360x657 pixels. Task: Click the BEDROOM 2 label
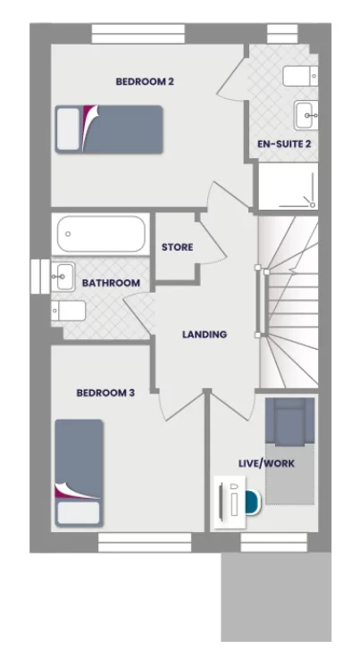pyautogui.click(x=144, y=81)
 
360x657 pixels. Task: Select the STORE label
pyautogui.click(x=177, y=247)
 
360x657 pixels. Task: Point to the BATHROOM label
pyautogui.click(x=111, y=283)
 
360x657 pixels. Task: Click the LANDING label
pyautogui.click(x=205, y=335)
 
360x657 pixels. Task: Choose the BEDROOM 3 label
pyautogui.click(x=105, y=392)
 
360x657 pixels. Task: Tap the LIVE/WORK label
pyautogui.click(x=266, y=463)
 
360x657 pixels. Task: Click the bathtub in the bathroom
pyautogui.click(x=100, y=235)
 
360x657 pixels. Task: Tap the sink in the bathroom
pyautogui.click(x=63, y=278)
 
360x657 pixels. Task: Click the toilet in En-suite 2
pyautogui.click(x=298, y=74)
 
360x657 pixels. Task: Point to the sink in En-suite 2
pyautogui.click(x=305, y=112)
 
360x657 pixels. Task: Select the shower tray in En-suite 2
pyautogui.click(x=288, y=187)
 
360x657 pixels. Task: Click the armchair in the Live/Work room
pyautogui.click(x=289, y=422)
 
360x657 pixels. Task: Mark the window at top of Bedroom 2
pyautogui.click(x=138, y=33)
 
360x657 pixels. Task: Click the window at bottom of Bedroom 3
pyautogui.click(x=144, y=542)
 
